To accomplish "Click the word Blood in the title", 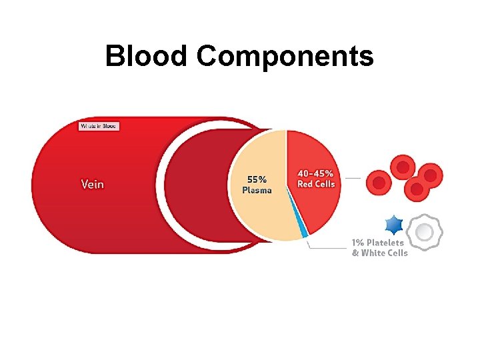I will [147, 57].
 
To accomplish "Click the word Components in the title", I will [285, 57].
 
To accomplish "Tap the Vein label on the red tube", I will [93, 183].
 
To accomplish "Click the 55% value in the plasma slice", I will [257, 179].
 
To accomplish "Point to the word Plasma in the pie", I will [257, 190].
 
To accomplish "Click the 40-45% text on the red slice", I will [316, 174].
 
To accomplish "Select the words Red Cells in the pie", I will [316, 184].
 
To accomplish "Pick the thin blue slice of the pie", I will [303, 231].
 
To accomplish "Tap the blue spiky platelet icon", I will [394, 226].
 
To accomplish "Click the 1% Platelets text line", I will [377, 243].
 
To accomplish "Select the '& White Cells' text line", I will [379, 253].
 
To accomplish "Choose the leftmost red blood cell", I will [379, 181].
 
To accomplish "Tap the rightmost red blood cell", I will [431, 175].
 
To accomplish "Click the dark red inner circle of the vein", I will [197, 187].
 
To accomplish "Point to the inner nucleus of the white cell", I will [425, 231].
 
